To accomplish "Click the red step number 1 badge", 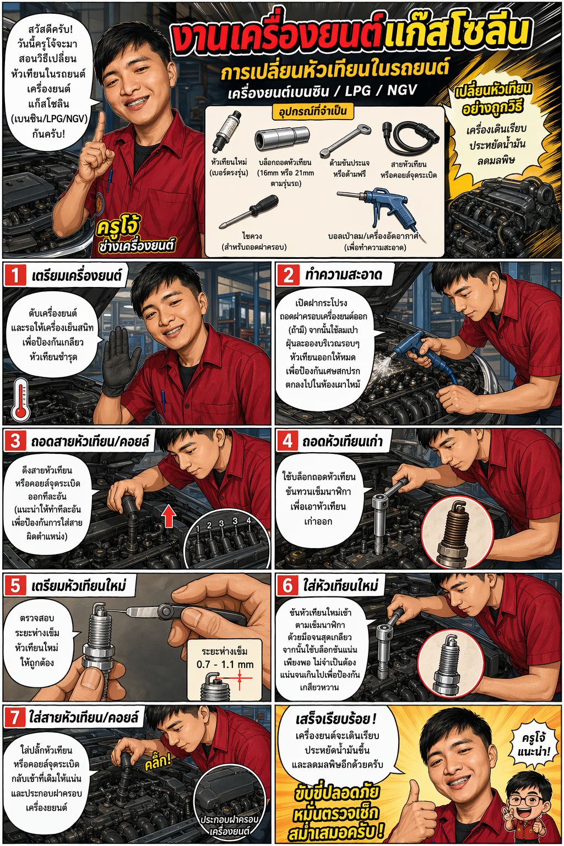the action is pyautogui.click(x=15, y=275).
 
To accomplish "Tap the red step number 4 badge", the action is pyautogui.click(x=288, y=441).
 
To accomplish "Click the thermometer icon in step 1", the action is pyautogui.click(x=21, y=400).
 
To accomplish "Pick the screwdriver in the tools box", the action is pyautogui.click(x=249, y=211).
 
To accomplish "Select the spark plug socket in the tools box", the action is pyautogui.click(x=282, y=137).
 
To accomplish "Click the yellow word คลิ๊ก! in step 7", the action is pyautogui.click(x=158, y=761).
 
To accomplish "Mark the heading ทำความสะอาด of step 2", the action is pyautogui.click(x=343, y=275).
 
